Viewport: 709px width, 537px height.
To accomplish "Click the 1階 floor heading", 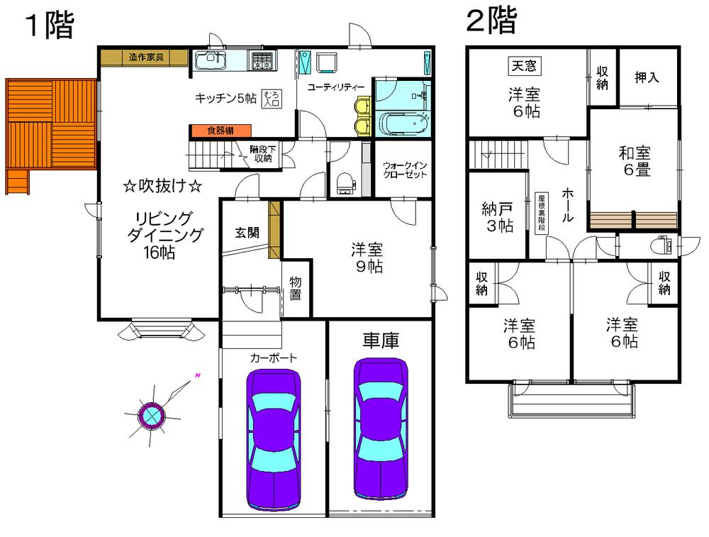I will point(50,26).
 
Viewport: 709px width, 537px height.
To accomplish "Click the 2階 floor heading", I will point(491,21).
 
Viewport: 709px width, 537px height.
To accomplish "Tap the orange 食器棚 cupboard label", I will point(220,131).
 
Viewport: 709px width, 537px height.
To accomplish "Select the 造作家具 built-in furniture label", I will point(146,57).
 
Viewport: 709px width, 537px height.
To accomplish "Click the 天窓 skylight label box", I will point(524,67).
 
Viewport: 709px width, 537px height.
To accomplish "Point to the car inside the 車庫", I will point(381,428).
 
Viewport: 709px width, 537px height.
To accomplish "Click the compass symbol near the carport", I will point(152,415).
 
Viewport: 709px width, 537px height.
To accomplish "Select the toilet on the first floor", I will point(345,184).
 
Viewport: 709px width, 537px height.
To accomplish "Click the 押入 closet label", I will point(647,77).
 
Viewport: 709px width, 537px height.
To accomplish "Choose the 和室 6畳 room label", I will point(635,161).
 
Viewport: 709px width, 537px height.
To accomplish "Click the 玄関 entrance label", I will point(247,232).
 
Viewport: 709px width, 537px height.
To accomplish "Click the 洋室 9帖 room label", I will point(367,258).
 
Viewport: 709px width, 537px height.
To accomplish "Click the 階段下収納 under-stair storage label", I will point(261,154).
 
